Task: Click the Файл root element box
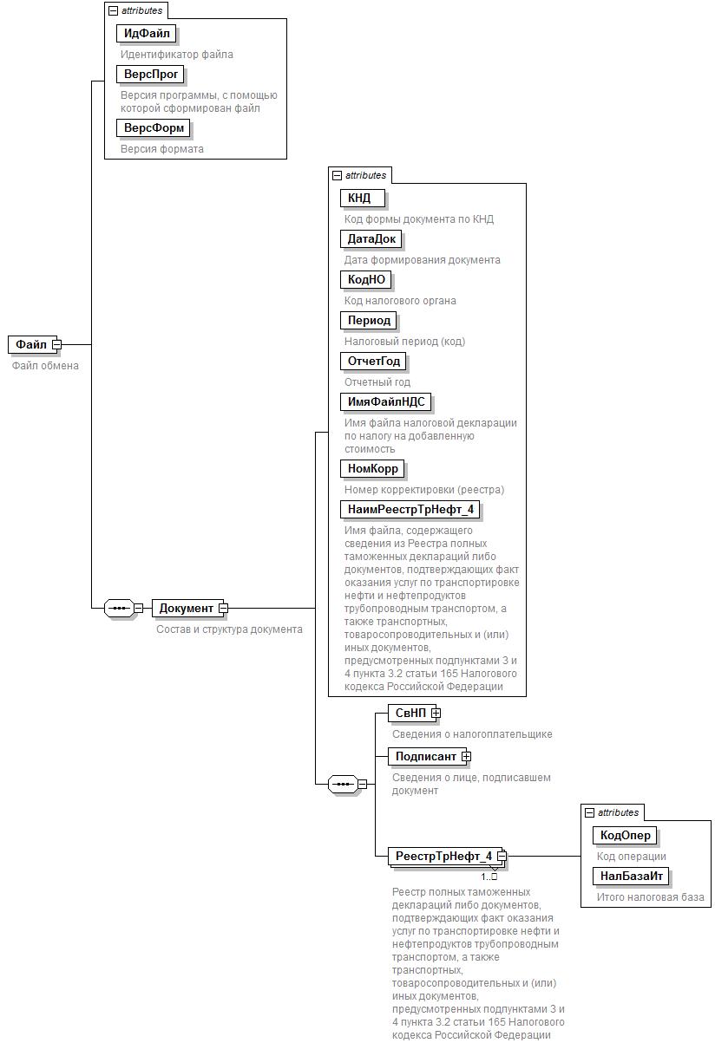click(x=31, y=344)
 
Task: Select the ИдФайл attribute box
click(x=146, y=34)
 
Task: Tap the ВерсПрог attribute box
click(x=150, y=75)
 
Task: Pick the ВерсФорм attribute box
click(x=153, y=128)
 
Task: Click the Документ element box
click(x=186, y=608)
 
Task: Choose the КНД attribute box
click(x=360, y=199)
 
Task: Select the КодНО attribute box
click(x=365, y=280)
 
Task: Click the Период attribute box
click(x=369, y=321)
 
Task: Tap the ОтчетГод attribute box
click(x=374, y=362)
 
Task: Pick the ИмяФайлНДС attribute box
click(x=385, y=402)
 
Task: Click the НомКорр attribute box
click(x=372, y=469)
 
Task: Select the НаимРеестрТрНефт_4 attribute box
click(x=410, y=510)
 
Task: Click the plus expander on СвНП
click(x=436, y=713)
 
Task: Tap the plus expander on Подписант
click(x=467, y=756)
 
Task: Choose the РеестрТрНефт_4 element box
click(x=443, y=857)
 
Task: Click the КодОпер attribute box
click(x=624, y=836)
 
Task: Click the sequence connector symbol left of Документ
click(x=118, y=608)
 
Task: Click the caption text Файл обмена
click(x=45, y=366)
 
